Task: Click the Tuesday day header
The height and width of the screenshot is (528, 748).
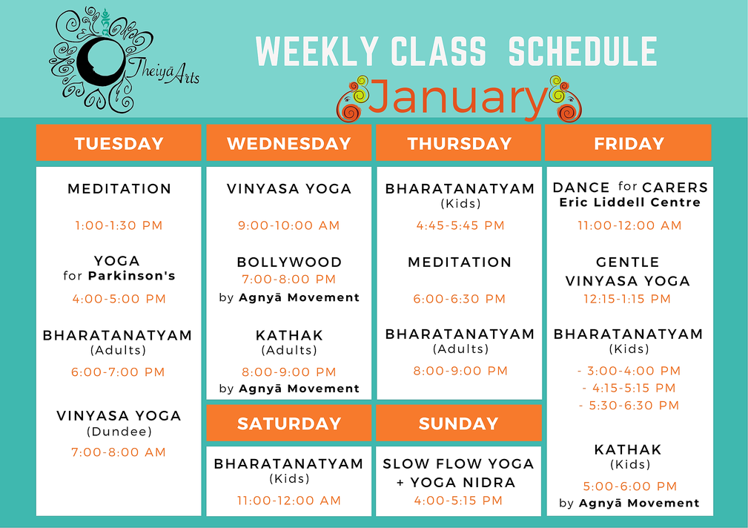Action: (x=119, y=142)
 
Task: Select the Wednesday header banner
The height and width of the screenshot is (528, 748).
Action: (x=288, y=142)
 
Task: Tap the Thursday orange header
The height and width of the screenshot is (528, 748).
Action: (x=459, y=142)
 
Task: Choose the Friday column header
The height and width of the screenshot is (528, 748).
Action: (x=628, y=142)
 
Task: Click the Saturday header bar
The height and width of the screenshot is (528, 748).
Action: (x=288, y=423)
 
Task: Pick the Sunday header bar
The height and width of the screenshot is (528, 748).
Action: (x=459, y=423)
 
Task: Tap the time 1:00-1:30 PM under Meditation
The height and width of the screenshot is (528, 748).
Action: (x=119, y=225)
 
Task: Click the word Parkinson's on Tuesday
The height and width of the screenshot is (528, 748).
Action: (x=132, y=276)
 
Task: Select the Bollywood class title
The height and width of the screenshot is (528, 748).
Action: (x=289, y=262)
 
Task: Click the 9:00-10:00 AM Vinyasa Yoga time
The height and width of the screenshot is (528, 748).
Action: (x=288, y=225)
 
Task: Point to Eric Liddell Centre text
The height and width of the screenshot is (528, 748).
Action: (x=629, y=202)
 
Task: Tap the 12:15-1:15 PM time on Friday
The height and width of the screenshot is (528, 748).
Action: (x=627, y=299)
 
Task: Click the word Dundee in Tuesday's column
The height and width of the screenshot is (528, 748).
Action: (x=119, y=432)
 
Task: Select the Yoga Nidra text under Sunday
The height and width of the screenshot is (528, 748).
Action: (x=463, y=483)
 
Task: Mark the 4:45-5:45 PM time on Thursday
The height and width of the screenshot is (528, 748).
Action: (x=460, y=225)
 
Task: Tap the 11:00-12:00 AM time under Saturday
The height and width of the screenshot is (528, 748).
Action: (x=289, y=501)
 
